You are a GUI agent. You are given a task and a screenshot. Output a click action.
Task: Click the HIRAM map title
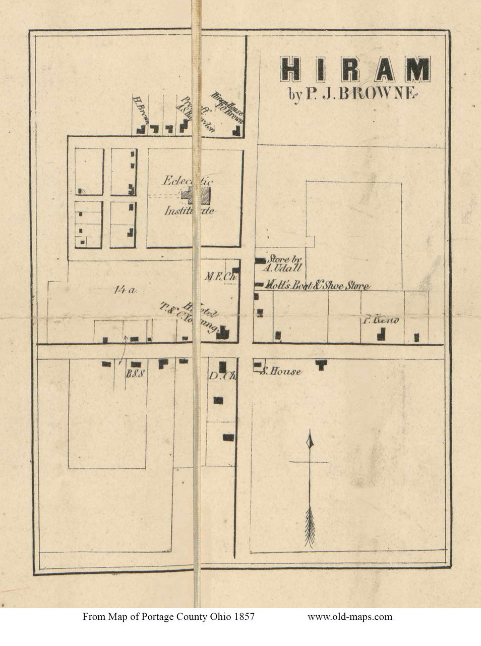pyautogui.click(x=355, y=69)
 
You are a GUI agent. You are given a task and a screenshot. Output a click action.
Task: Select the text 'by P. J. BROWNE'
pyautogui.click(x=351, y=94)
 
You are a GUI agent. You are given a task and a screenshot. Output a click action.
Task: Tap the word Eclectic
pyautogui.click(x=188, y=180)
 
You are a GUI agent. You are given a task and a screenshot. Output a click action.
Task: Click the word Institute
pyautogui.click(x=190, y=210)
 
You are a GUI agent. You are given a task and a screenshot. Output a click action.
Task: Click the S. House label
pyautogui.click(x=281, y=372)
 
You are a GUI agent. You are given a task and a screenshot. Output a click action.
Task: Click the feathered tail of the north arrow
pyautogui.click(x=310, y=527)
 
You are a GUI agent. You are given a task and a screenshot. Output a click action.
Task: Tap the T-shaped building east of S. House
pyautogui.click(x=321, y=364)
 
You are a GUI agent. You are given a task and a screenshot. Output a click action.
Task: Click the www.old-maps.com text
pyautogui.click(x=349, y=616)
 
